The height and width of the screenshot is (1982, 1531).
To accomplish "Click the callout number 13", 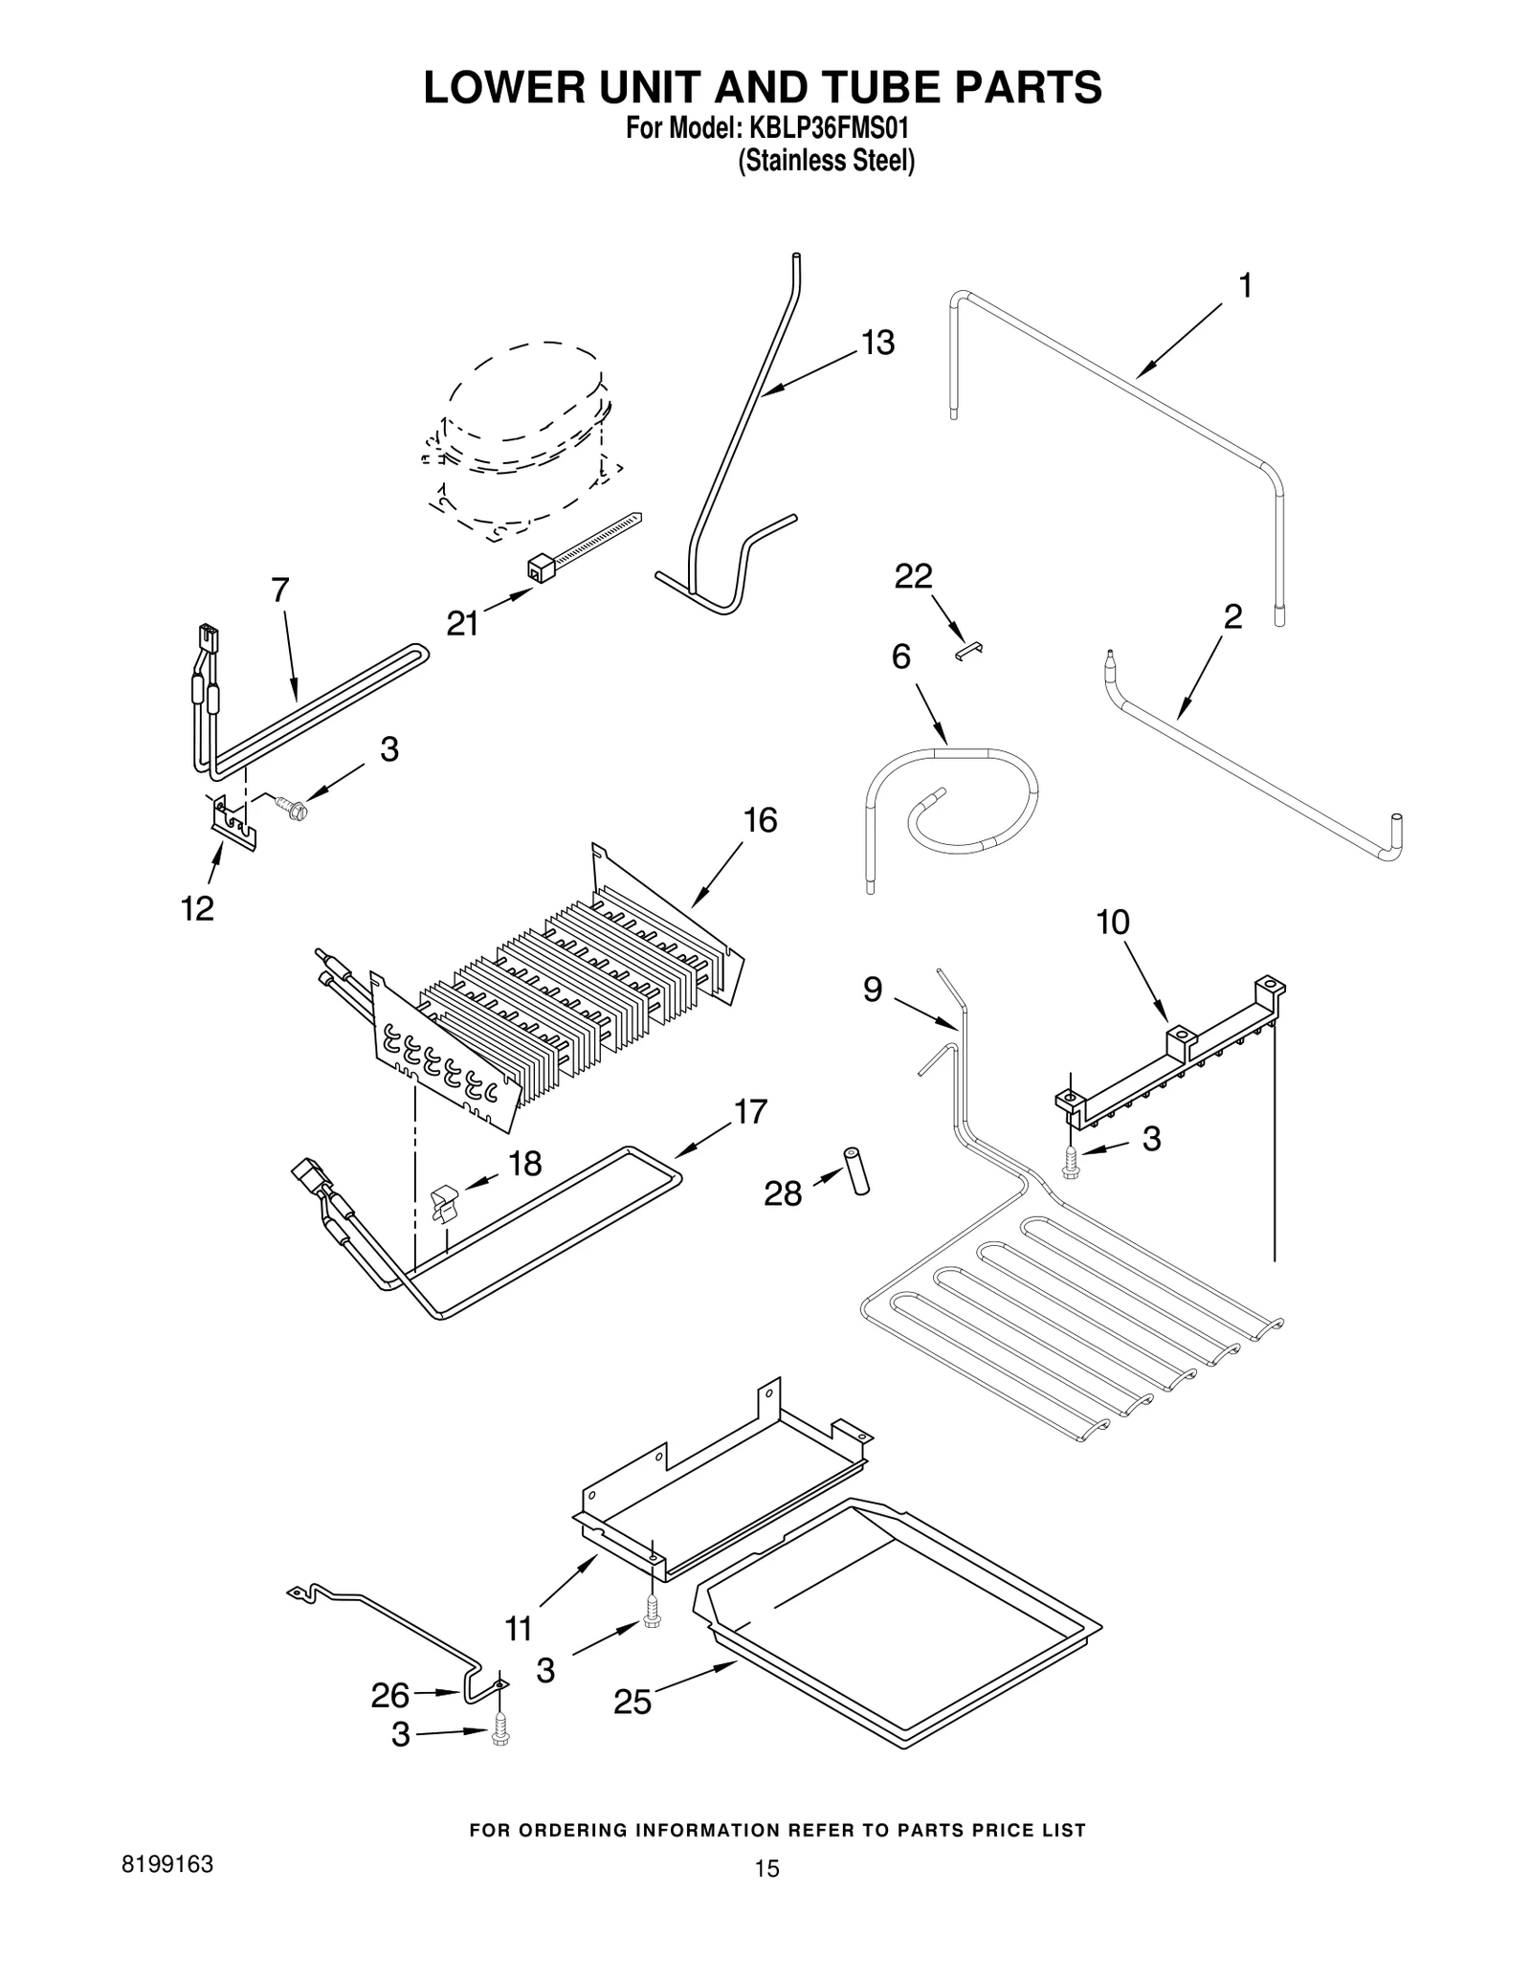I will click(x=877, y=343).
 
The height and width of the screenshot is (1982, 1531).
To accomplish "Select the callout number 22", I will click(x=913, y=576).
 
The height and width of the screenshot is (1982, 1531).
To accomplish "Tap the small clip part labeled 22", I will click(x=969, y=650).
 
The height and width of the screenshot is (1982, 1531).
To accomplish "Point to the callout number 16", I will click(x=760, y=820).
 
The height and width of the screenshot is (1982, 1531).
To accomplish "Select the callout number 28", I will click(x=783, y=1193).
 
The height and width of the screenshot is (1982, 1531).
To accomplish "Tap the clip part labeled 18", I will click(x=442, y=1203).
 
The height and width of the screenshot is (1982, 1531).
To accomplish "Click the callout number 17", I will click(x=750, y=1112).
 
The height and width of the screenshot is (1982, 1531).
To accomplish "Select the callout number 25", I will click(x=632, y=1702).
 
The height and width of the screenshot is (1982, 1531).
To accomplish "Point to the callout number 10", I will click(x=1112, y=923).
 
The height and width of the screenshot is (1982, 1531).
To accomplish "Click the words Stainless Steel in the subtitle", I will click(x=826, y=161).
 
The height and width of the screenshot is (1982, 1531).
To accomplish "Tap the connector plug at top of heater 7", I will click(x=206, y=636).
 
